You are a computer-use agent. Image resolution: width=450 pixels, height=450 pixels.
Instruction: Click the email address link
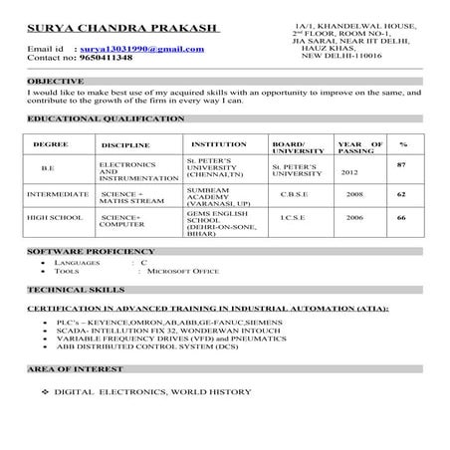tap(126, 47)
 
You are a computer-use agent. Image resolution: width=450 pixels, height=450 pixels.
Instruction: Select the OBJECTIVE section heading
tap(57, 80)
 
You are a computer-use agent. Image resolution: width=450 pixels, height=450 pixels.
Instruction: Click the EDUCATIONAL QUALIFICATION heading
tap(106, 118)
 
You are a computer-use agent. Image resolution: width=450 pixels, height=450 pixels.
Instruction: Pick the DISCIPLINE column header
tap(125, 145)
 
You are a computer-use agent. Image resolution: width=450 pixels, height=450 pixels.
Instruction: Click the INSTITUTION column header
tap(211, 144)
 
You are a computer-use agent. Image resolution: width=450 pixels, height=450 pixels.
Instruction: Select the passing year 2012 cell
tap(349, 172)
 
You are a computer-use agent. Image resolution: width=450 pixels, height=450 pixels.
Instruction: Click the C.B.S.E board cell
tap(300, 195)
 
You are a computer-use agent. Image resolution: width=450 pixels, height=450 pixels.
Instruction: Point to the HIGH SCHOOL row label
tap(56, 217)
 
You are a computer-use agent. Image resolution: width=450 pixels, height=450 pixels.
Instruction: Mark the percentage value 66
tap(401, 217)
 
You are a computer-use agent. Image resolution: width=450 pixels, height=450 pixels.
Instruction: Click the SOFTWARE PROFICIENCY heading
tap(92, 251)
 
